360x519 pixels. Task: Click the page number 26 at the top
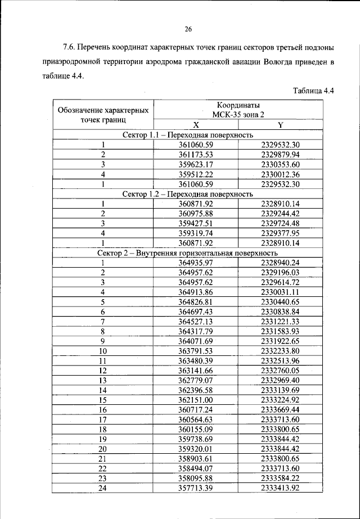pos(188,30)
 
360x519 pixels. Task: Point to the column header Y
pos(280,125)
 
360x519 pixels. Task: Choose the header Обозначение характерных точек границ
pos(103,114)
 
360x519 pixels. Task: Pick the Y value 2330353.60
pos(280,164)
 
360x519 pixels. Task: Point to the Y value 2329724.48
pos(280,223)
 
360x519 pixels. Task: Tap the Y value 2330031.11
pos(280,292)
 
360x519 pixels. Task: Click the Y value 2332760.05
pos(280,371)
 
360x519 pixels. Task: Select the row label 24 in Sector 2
pos(103,488)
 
